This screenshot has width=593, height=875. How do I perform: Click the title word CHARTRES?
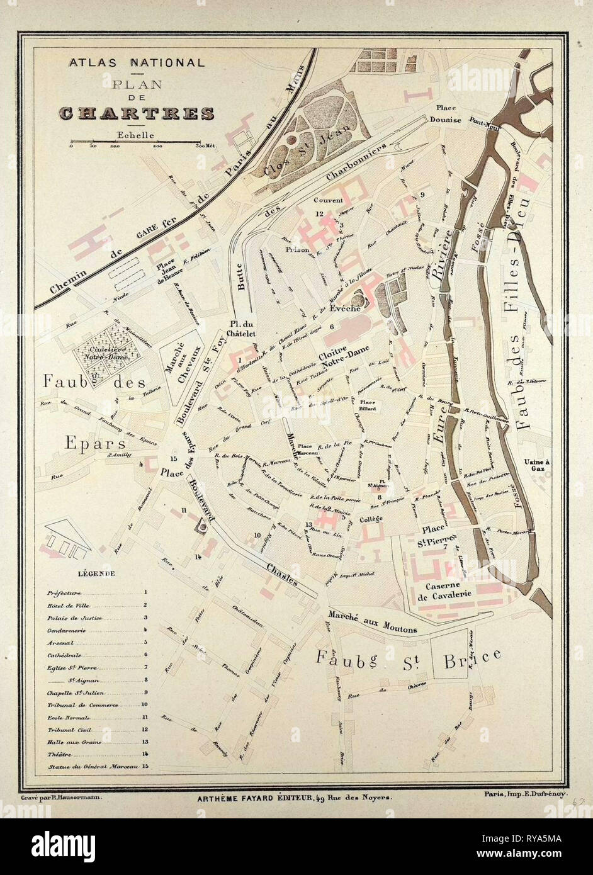(137, 113)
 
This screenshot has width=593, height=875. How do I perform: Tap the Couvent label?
(328, 201)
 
